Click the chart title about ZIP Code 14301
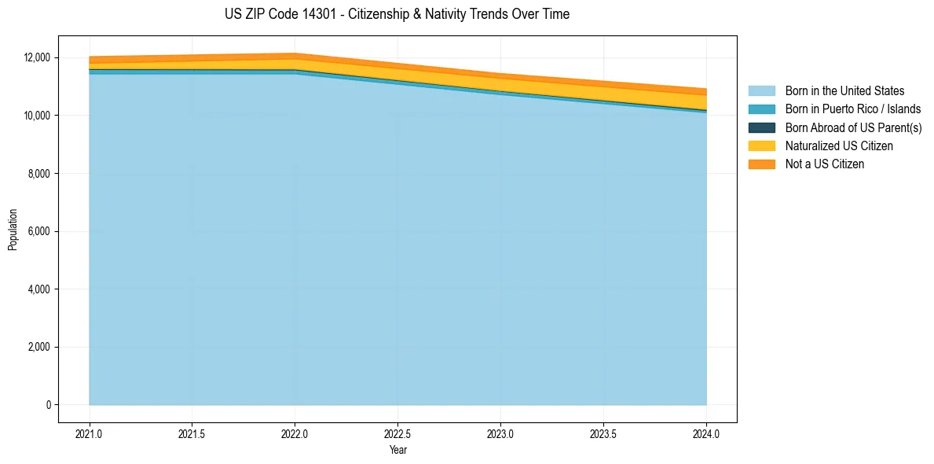point(397,14)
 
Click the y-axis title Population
point(13,230)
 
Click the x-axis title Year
point(397,450)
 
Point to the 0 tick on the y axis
point(48,405)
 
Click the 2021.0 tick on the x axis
point(90,433)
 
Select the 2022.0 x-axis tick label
point(295,433)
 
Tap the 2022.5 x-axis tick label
point(397,433)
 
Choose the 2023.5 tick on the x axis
point(603,433)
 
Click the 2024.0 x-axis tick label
point(706,433)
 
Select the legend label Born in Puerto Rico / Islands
point(853,109)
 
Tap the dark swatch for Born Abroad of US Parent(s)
point(761,127)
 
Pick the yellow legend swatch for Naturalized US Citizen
point(761,145)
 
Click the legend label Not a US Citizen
point(825,164)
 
